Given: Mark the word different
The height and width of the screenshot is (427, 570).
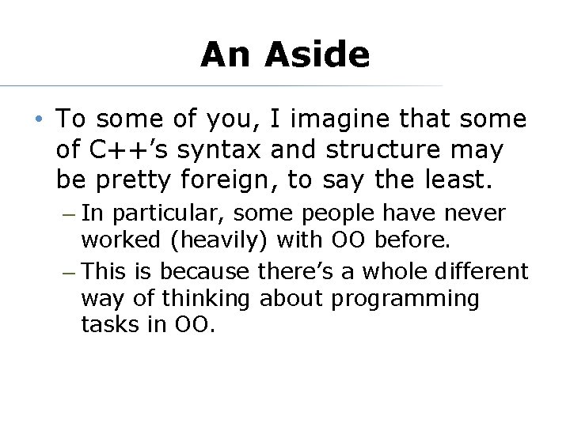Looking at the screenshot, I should [481, 272].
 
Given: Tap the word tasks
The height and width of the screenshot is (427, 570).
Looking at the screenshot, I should [105, 325].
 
